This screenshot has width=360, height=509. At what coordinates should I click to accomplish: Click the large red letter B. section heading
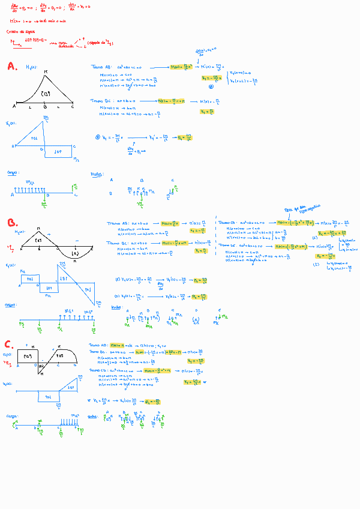tap(12, 223)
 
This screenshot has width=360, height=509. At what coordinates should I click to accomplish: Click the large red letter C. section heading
tap(8, 345)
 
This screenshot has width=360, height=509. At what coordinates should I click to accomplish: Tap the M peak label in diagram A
tap(46, 71)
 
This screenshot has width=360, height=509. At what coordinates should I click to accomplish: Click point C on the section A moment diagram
tap(73, 106)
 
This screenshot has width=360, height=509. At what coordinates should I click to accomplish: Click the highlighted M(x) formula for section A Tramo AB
tap(183, 67)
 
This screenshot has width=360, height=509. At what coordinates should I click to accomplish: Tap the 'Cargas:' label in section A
tap(11, 172)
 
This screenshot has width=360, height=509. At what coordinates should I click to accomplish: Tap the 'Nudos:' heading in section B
tap(117, 306)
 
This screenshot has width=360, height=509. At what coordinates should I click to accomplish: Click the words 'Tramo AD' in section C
tap(97, 346)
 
